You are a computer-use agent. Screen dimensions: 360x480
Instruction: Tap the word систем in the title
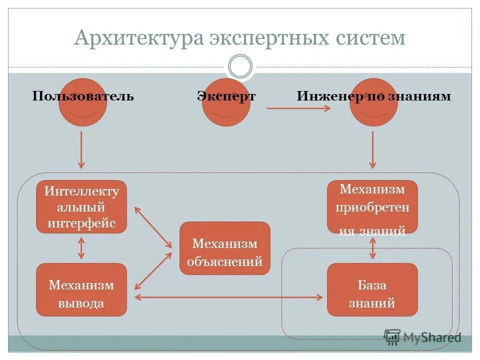[x=367, y=38]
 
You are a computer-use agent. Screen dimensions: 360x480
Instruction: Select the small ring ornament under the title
[x=240, y=66]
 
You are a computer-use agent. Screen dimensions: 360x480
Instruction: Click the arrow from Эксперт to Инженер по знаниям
[x=298, y=107]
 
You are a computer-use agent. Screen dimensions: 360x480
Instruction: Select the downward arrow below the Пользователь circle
[x=81, y=150]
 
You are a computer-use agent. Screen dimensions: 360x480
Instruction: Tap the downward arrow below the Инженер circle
[x=372, y=150]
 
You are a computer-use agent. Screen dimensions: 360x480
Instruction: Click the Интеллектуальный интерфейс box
[x=81, y=206]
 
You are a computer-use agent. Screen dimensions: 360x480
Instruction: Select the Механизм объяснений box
[x=225, y=248]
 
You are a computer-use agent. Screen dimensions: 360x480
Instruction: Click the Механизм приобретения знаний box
[x=372, y=206]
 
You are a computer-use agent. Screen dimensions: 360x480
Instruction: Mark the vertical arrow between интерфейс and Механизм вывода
[x=81, y=248]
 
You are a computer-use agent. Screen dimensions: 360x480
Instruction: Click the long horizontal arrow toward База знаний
[x=229, y=297]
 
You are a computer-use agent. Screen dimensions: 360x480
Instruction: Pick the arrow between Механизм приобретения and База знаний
[x=372, y=248]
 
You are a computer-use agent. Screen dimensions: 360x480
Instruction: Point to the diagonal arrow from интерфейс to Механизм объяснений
[x=152, y=227]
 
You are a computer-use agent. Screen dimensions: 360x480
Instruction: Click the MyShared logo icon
[x=392, y=337]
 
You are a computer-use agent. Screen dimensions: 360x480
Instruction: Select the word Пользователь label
[x=83, y=96]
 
